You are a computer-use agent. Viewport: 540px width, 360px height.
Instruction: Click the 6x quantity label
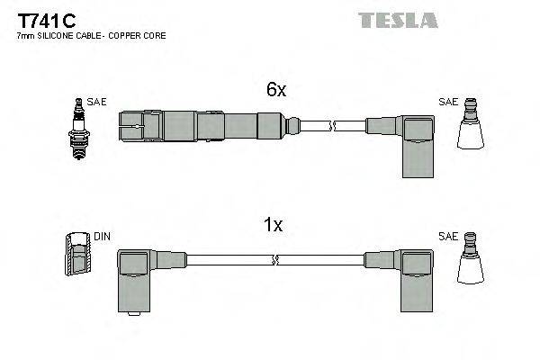pos(275,90)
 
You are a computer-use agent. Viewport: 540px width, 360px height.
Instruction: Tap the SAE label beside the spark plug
pos(97,103)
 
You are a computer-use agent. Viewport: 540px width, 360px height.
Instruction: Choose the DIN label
pos(102,237)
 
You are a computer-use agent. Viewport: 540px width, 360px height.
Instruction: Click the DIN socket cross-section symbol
pos(77,257)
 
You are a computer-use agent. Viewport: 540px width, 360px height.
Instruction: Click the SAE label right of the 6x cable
pos(447,103)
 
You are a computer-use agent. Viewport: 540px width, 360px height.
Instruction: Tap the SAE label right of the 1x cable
pos(447,237)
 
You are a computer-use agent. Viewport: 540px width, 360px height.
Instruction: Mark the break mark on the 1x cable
pos(274,261)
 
